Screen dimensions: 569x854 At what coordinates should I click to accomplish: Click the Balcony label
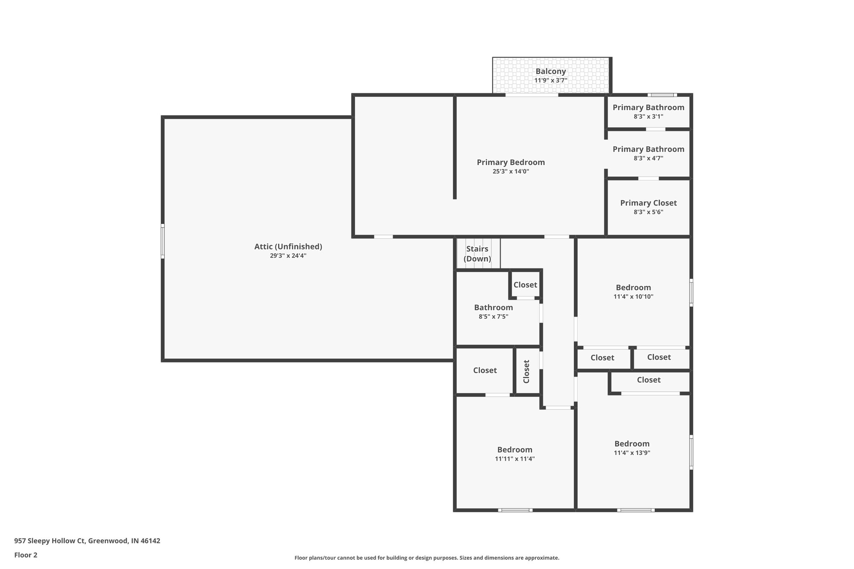[x=550, y=71]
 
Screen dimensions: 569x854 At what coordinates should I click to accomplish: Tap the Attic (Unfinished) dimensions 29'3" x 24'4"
[x=288, y=256]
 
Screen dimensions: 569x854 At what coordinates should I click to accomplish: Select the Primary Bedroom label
[x=510, y=162]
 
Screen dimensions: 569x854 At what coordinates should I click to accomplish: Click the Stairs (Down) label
[x=477, y=253]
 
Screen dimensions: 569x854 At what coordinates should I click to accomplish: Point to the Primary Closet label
[x=648, y=203]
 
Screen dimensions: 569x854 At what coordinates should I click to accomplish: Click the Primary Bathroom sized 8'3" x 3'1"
[x=648, y=108]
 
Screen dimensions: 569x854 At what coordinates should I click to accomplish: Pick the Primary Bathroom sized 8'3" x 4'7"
[x=648, y=149]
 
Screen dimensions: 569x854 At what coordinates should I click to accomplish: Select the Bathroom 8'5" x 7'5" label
[x=493, y=308]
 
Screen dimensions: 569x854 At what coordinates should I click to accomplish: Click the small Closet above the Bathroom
[x=525, y=285]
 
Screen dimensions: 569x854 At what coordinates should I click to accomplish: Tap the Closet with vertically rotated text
[x=526, y=371]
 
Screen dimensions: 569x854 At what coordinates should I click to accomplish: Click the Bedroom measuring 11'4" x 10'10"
[x=633, y=288]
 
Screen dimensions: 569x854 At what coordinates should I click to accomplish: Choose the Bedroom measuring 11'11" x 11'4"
[x=515, y=450]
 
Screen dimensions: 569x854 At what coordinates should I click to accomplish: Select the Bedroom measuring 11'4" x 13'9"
[x=632, y=444]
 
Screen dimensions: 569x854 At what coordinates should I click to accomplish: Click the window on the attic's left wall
[x=163, y=241]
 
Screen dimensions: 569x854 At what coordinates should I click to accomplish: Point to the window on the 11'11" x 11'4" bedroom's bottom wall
[x=515, y=510]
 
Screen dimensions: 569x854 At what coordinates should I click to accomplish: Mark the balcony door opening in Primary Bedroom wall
[x=532, y=95]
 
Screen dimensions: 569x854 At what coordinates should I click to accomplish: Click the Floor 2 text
[x=26, y=555]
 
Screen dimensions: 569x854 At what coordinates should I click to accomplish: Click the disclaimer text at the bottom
[x=427, y=558]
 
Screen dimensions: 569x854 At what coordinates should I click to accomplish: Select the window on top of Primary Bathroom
[x=662, y=95]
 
